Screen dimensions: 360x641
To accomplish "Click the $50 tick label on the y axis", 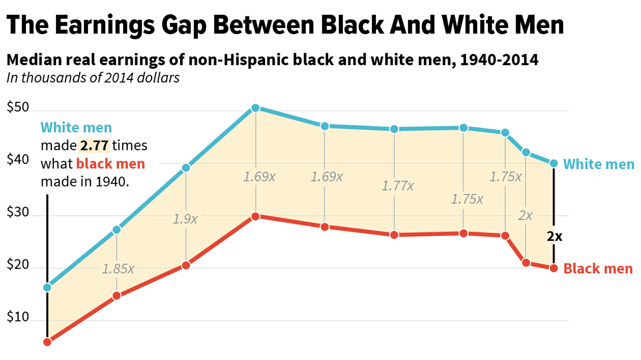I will pos(18,107).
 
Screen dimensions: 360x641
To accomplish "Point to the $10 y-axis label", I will pos(18,317).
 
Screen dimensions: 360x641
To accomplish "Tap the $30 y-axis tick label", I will pos(18,212).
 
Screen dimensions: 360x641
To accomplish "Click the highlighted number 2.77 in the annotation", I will pos(94,146).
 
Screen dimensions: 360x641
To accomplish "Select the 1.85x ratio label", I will pos(118,269).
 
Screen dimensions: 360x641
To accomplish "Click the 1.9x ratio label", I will pos(185,219).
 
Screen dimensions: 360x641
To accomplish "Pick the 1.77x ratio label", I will pos(398,186).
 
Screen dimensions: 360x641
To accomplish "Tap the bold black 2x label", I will pos(554,236).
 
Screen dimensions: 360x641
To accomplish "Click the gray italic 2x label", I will pos(525,216).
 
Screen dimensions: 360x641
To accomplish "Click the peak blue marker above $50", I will pos(255,108).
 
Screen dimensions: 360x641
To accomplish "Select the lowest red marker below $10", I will pos(47,342).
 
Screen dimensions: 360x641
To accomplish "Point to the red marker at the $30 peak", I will pos(255,216).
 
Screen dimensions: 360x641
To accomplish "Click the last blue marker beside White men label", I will pos(554,164).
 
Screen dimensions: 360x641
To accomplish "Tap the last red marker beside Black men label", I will pos(554,268).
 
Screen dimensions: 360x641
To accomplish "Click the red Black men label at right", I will pos(598,269).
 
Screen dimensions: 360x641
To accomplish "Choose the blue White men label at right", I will pos(598,164).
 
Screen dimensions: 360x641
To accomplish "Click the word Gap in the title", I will pos(184,25).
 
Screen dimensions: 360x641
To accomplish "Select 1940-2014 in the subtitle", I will pos(499,60).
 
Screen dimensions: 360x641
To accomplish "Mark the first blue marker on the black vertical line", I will pos(47,287).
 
